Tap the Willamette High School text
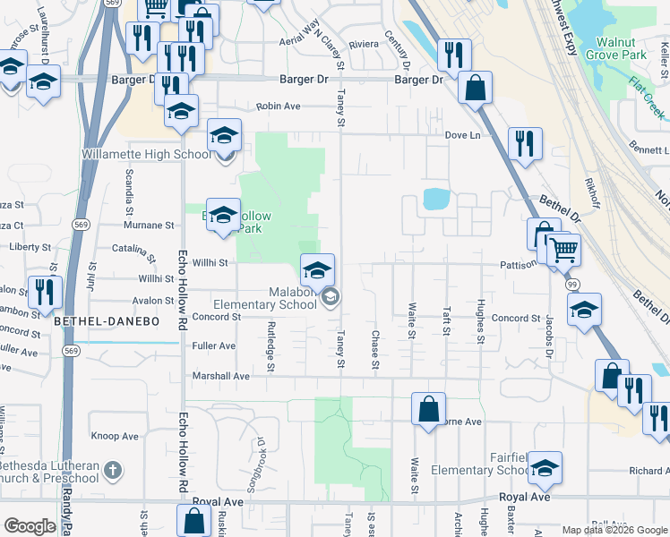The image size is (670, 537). pyautogui.click(x=146, y=154)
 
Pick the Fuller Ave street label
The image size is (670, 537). pyautogui.click(x=214, y=345)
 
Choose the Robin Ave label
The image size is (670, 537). pyautogui.click(x=278, y=106)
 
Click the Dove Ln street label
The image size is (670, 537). pyautogui.click(x=462, y=135)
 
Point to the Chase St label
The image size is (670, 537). pyautogui.click(x=374, y=348)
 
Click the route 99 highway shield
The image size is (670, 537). pyautogui.click(x=571, y=283)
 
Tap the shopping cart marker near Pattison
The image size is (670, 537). pyautogui.click(x=563, y=250)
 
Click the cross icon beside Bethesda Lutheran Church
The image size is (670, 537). pyautogui.click(x=112, y=469)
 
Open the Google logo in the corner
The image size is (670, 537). pyautogui.click(x=29, y=526)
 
